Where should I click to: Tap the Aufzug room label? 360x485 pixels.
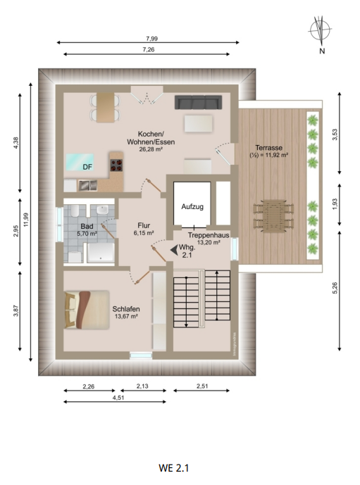(x=192, y=206)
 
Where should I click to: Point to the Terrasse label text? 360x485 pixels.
(x=269, y=148)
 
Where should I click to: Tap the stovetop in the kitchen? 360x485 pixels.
(x=116, y=165)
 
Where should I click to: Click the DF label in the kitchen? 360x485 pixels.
(x=87, y=167)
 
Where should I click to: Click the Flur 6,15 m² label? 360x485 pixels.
(x=144, y=229)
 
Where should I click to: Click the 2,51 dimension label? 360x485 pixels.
(x=203, y=386)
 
